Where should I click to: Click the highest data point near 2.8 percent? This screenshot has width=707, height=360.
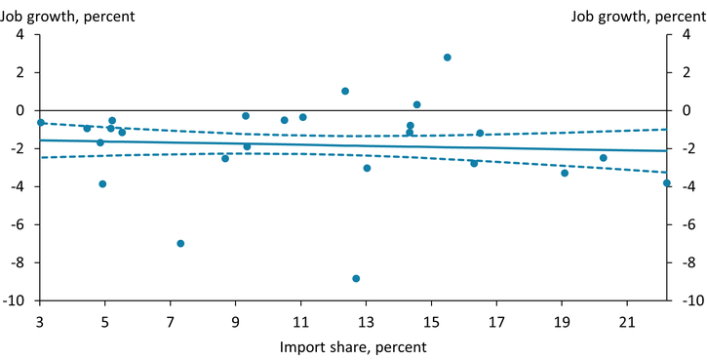click(x=448, y=58)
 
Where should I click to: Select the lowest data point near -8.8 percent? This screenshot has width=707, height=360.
click(x=356, y=278)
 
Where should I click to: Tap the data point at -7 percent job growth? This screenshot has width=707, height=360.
click(x=180, y=243)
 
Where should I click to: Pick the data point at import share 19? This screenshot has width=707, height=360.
click(x=565, y=173)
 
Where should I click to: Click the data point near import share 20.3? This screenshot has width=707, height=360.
click(x=604, y=158)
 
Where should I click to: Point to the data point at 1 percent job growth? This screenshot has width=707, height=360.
click(x=345, y=92)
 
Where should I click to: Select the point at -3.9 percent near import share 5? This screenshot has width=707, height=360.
click(x=102, y=183)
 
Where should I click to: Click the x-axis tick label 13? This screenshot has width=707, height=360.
click(x=366, y=321)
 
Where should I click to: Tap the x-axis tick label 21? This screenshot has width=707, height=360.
click(x=627, y=321)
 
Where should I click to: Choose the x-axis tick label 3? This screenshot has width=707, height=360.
click(x=40, y=321)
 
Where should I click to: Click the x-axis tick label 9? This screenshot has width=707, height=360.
click(x=236, y=321)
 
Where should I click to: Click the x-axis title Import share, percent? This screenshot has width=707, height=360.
click(x=353, y=346)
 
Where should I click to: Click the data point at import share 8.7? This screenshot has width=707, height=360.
click(x=225, y=158)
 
